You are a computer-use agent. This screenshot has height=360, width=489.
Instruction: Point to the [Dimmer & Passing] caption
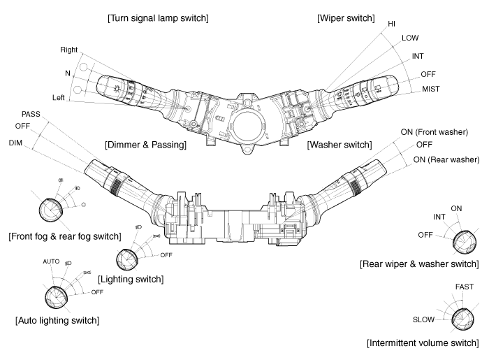[145, 145]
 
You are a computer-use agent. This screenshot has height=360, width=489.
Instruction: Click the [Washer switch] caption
[339, 145]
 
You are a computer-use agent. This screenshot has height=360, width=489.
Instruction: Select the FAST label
[464, 287]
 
